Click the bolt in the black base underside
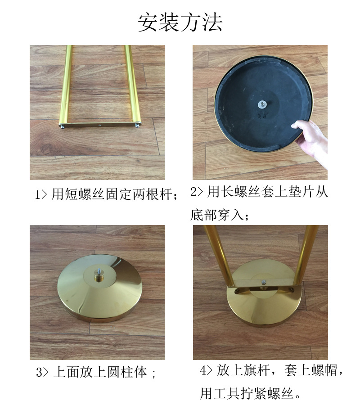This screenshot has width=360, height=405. [x=261, y=103]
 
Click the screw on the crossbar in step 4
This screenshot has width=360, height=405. [x=264, y=283]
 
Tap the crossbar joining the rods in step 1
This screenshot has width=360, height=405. [x=100, y=126]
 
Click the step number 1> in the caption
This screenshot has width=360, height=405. [x=41, y=195]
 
